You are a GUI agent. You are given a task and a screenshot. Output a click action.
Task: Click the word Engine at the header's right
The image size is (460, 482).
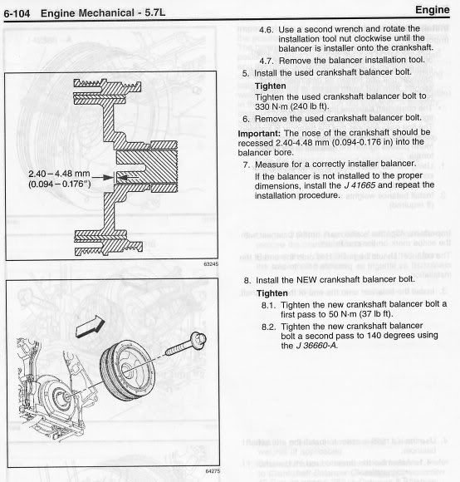(435, 10)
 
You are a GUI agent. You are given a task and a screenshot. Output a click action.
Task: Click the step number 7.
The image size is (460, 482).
(247, 164)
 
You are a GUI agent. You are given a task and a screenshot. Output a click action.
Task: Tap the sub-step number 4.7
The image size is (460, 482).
(266, 61)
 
